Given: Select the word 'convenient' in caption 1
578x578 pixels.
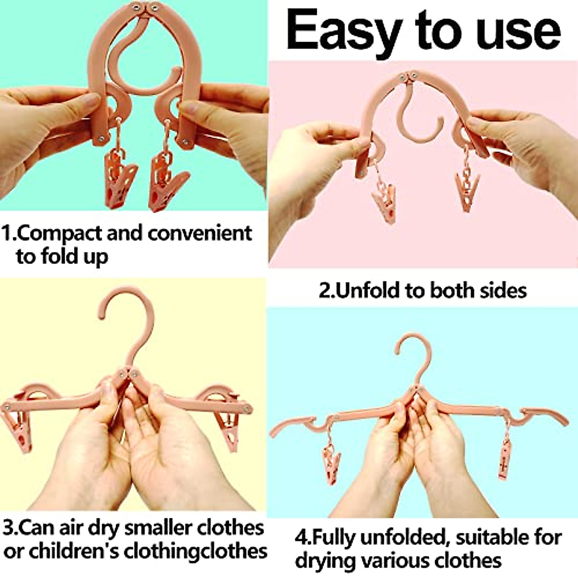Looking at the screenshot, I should click(x=200, y=233).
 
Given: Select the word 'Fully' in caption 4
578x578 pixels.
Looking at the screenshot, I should click(x=334, y=537).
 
